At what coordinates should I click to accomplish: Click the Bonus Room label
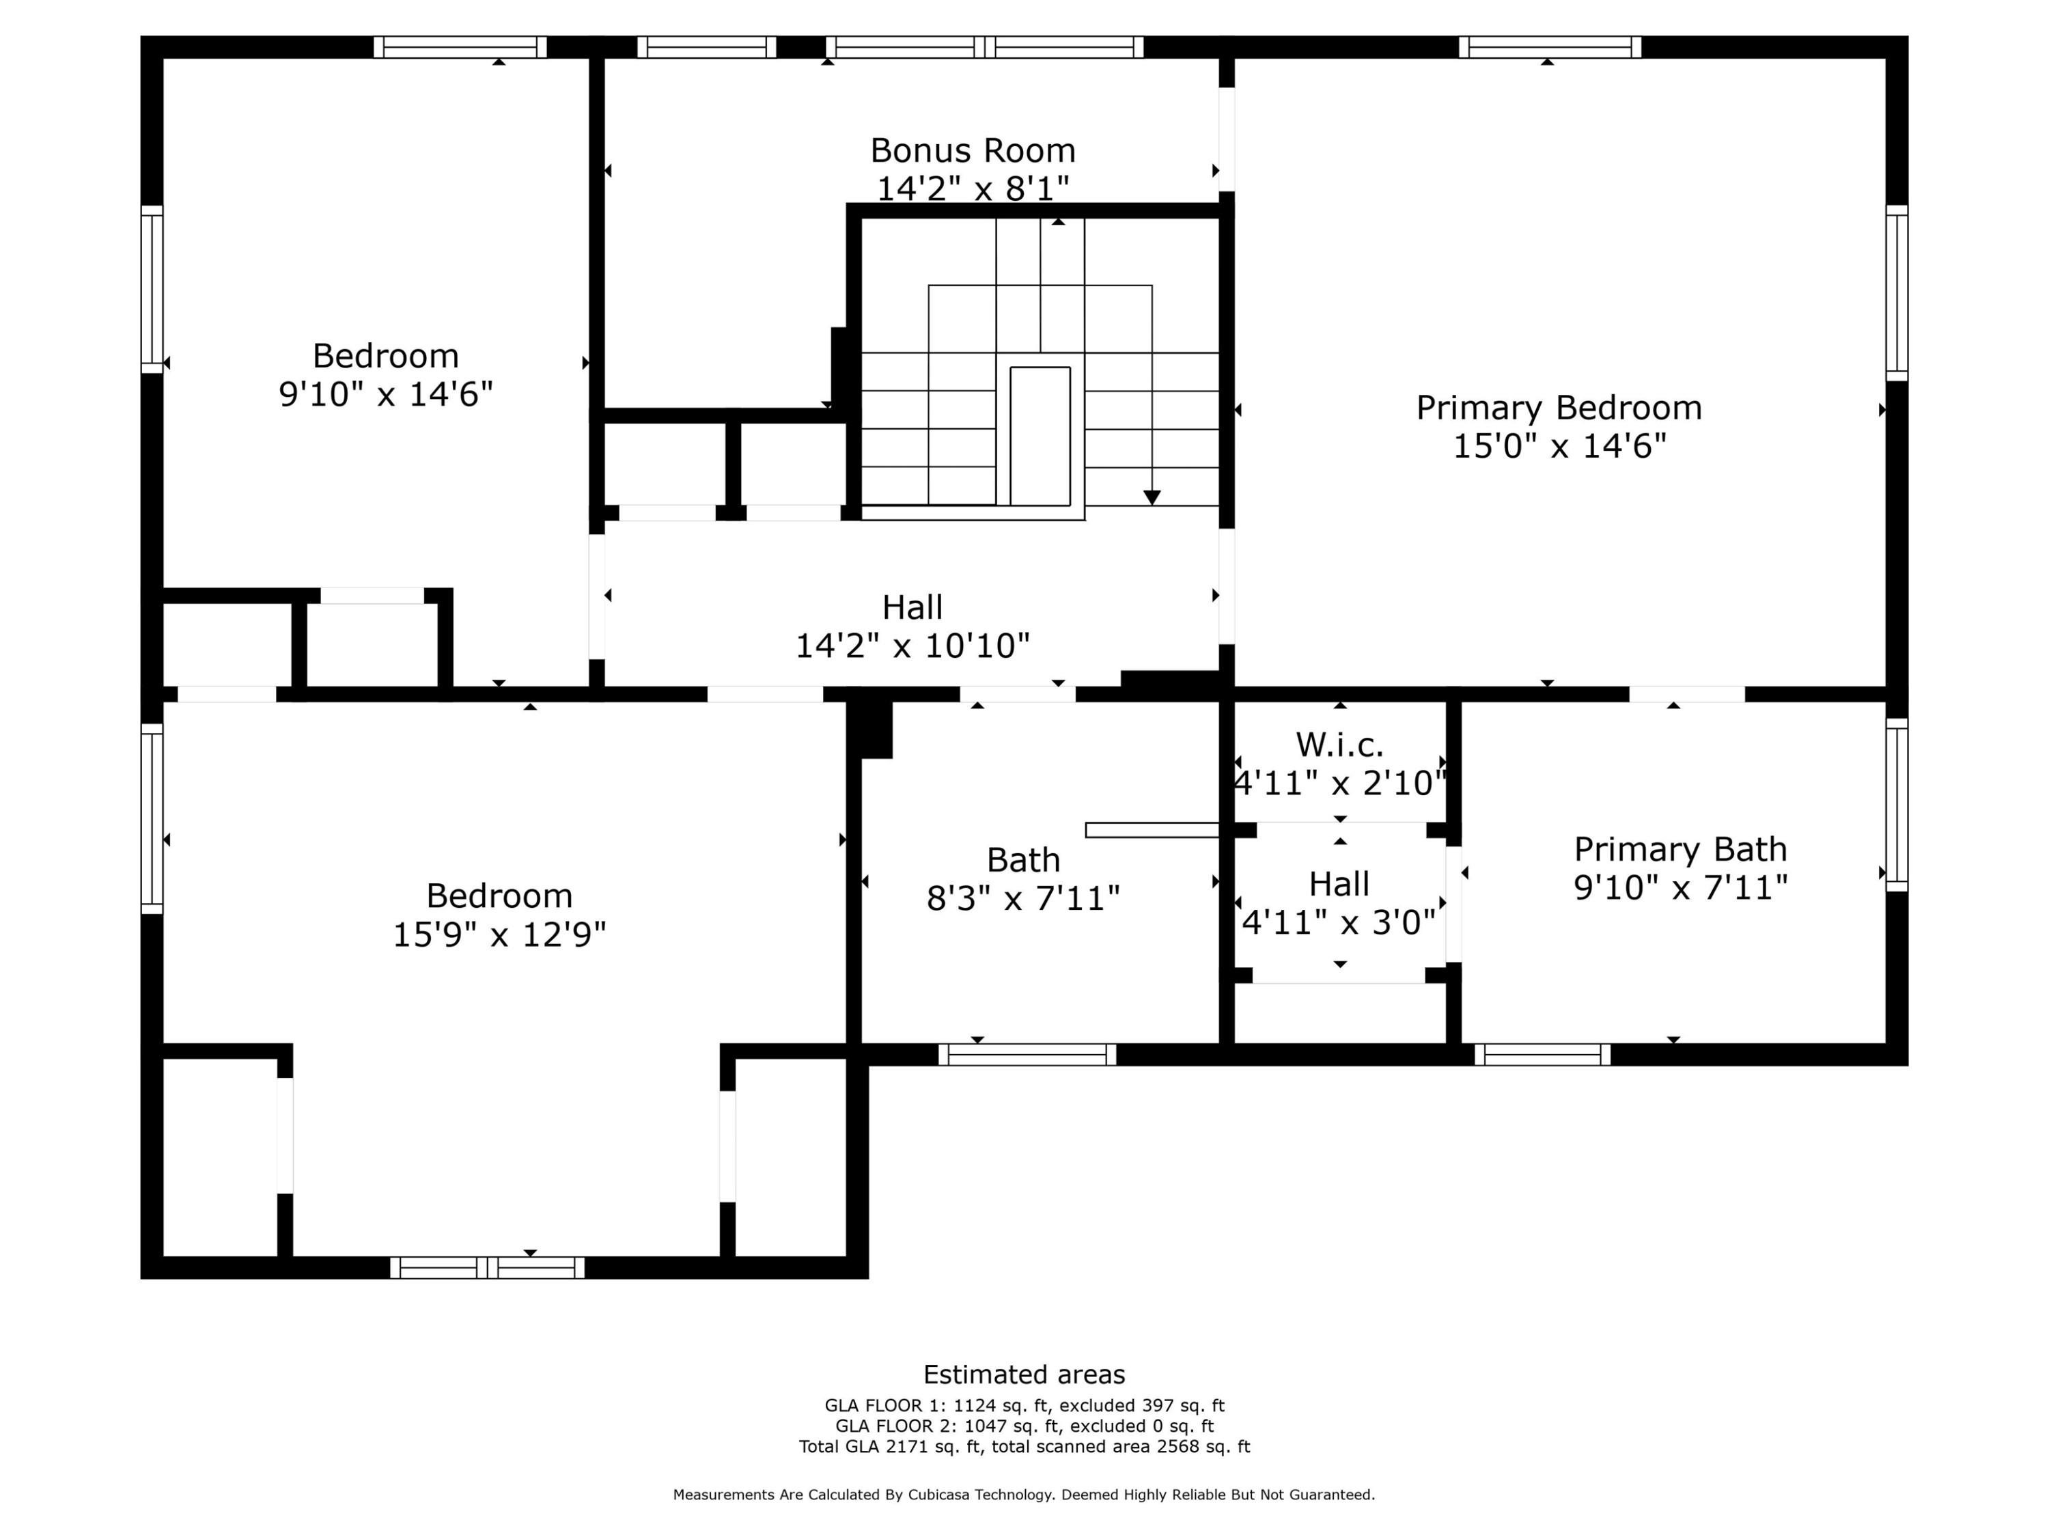(972, 150)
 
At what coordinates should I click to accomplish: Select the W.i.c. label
(1339, 744)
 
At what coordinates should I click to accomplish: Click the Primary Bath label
(1679, 848)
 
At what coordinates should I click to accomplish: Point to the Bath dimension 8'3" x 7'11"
(1022, 898)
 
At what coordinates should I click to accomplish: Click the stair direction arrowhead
(1152, 497)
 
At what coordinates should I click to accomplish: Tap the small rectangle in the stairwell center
(1040, 435)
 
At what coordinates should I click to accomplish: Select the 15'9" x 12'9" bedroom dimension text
(499, 934)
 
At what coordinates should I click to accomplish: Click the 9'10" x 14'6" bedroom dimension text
(385, 393)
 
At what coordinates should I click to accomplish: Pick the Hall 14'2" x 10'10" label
(912, 626)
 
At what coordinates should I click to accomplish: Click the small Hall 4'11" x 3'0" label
(1339, 903)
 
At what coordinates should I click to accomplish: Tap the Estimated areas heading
(1024, 1374)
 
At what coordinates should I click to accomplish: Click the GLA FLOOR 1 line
(1024, 1405)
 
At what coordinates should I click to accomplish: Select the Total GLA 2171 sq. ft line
(1024, 1446)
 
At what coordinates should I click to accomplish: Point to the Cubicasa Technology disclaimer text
(1024, 1495)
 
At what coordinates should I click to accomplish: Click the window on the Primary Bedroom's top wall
(1549, 46)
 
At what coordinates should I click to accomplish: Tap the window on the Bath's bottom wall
(1027, 1054)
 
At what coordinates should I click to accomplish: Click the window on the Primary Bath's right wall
(1896, 804)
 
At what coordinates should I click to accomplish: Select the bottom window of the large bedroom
(486, 1267)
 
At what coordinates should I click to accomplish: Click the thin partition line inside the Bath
(1152, 830)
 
